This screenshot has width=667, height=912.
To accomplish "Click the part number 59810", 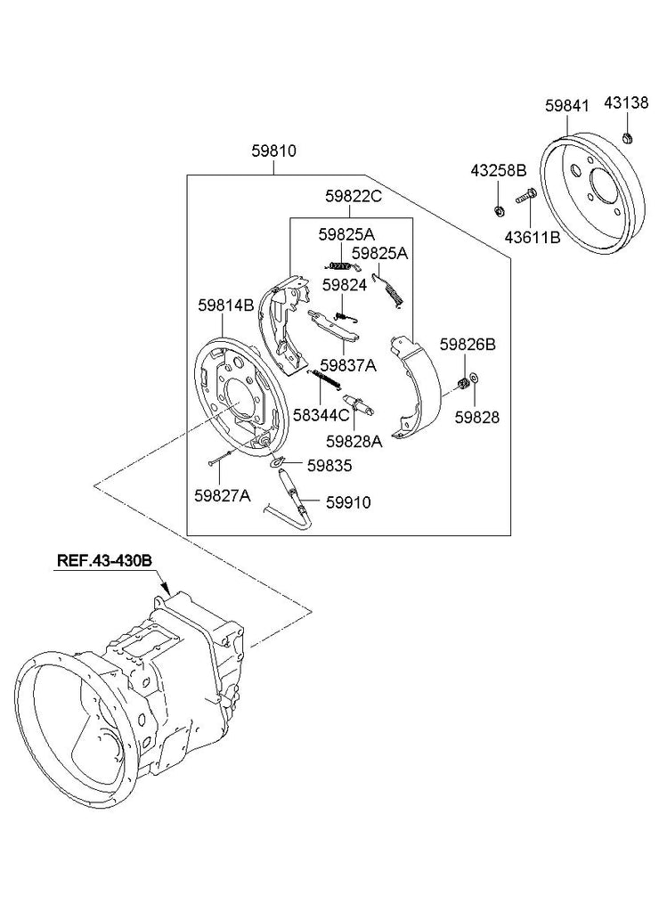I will click(273, 151).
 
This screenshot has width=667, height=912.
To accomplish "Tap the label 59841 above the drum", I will click(567, 105).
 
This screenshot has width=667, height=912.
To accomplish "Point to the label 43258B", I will click(499, 170).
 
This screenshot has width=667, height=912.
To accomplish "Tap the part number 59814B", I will click(226, 305).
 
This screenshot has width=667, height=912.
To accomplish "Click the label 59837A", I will click(349, 365).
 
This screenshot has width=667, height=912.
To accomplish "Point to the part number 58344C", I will click(321, 414).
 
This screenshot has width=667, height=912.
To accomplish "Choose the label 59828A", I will click(354, 440).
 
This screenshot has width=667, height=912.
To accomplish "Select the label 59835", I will click(329, 465).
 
